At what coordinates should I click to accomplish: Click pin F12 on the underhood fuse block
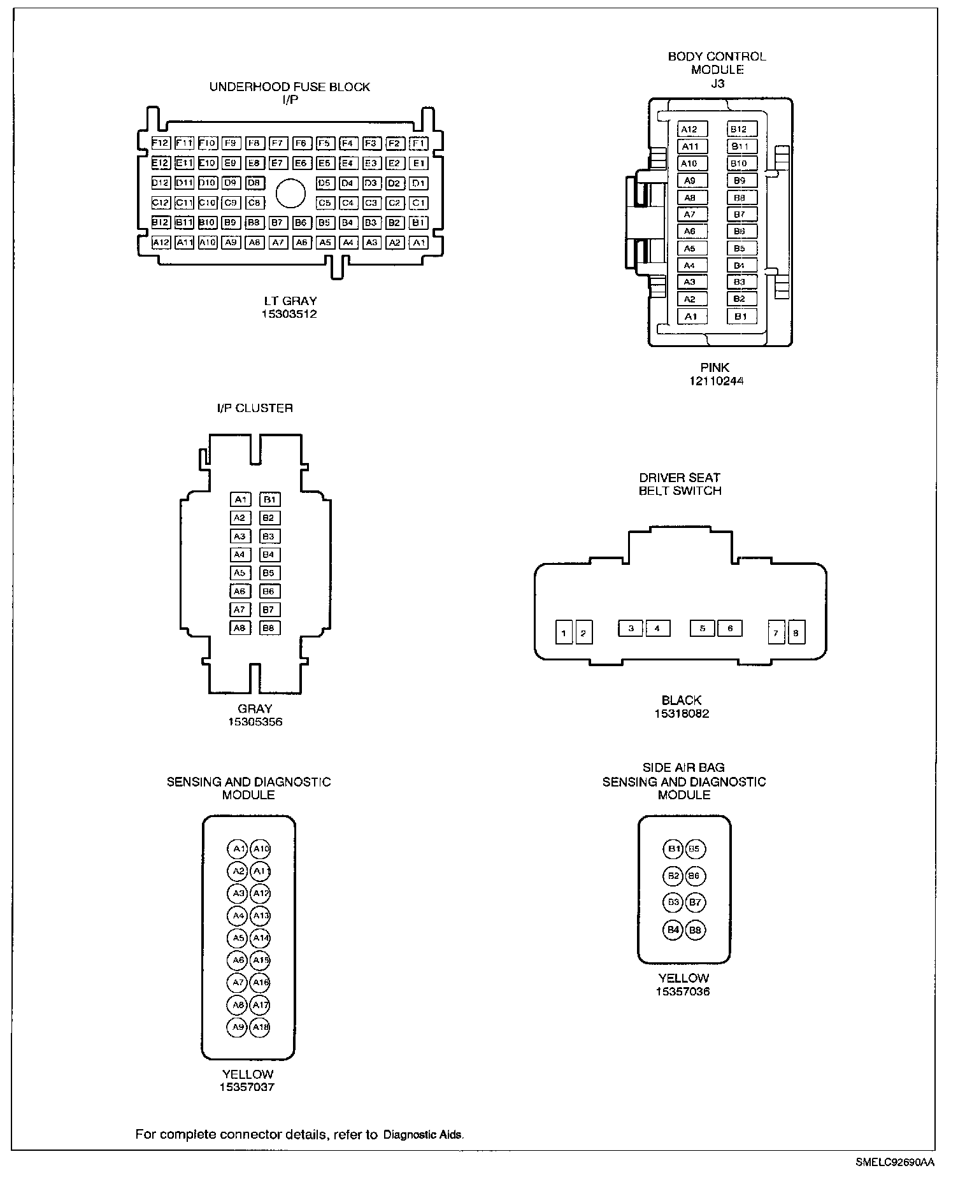pos(160,143)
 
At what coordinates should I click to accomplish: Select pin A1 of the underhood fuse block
pos(418,243)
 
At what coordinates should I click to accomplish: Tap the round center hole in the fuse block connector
pos(290,193)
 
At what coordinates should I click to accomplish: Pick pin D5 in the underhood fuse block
pos(325,183)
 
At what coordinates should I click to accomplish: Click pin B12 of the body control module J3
pos(739,129)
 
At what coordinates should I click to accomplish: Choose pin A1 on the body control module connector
pos(691,317)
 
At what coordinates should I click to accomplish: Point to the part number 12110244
pos(715,381)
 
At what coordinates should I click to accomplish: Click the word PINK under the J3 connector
pos(715,367)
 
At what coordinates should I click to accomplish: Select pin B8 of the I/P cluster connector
pos(269,628)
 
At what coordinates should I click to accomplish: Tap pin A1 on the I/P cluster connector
pos(240,499)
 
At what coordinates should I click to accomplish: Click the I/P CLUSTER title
pos(255,408)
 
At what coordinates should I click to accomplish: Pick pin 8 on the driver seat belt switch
pos(796,633)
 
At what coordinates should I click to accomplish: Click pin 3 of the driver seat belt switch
pos(631,629)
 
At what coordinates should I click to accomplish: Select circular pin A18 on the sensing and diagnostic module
pos(260,1027)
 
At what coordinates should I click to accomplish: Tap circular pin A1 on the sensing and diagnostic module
pos(238,849)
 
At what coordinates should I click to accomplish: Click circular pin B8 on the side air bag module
pos(695,930)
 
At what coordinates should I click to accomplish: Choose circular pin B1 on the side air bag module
pos(673,849)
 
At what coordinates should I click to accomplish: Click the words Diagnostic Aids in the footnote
pos(424,1134)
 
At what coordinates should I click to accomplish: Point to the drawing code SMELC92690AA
pos(895,1162)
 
